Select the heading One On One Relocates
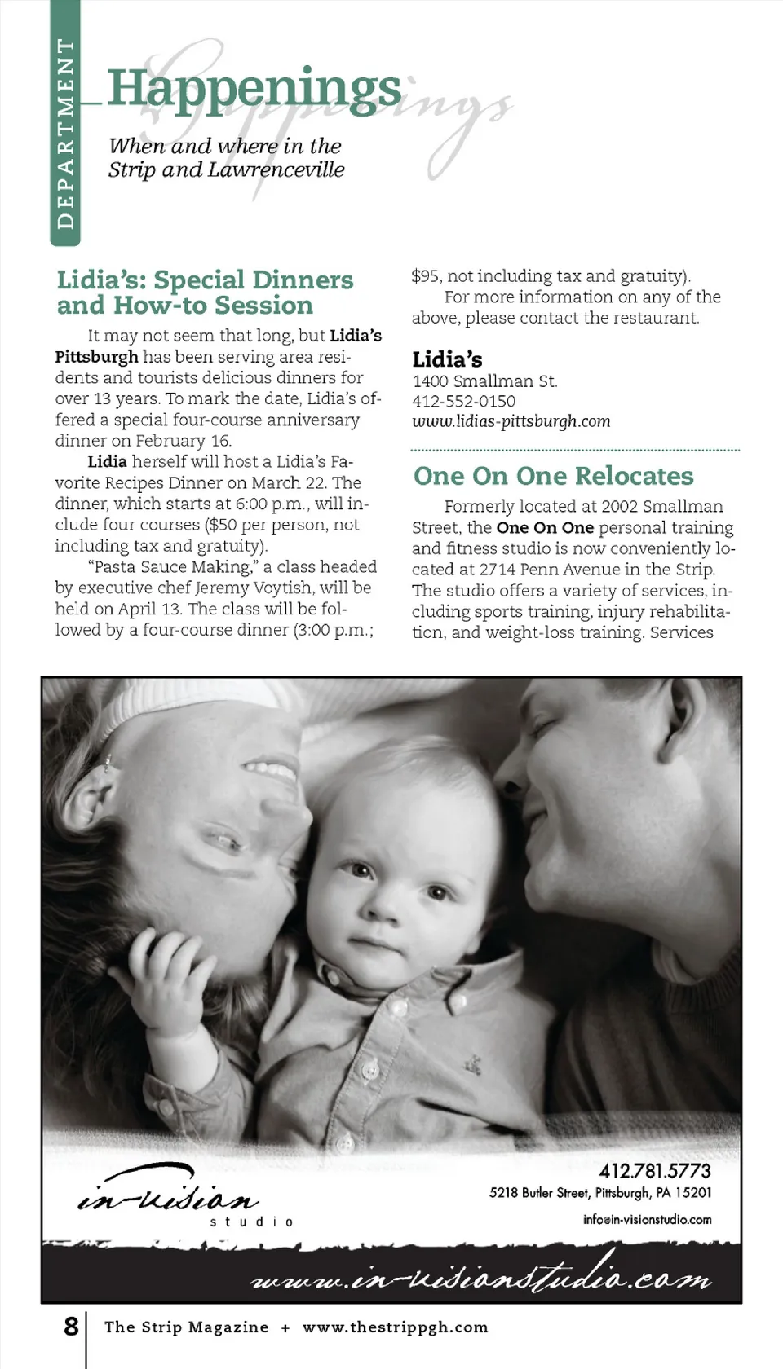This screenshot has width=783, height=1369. click(x=553, y=476)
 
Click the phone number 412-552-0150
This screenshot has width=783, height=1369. click(x=463, y=401)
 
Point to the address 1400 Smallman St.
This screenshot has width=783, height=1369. click(x=484, y=381)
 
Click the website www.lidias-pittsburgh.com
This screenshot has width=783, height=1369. click(x=511, y=421)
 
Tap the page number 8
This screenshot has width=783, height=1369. click(x=72, y=1327)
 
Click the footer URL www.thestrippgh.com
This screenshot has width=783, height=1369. click(x=395, y=1327)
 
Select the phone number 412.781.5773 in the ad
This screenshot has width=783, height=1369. click(x=654, y=1171)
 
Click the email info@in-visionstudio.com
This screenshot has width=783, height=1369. click(x=647, y=1220)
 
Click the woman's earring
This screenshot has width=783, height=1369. click(x=108, y=764)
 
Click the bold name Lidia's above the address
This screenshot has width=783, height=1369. click(x=447, y=359)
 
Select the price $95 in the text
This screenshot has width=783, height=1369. click(x=426, y=276)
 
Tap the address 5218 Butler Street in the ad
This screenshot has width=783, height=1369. click(x=538, y=1193)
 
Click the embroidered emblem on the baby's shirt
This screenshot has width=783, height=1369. click(x=471, y=1063)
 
